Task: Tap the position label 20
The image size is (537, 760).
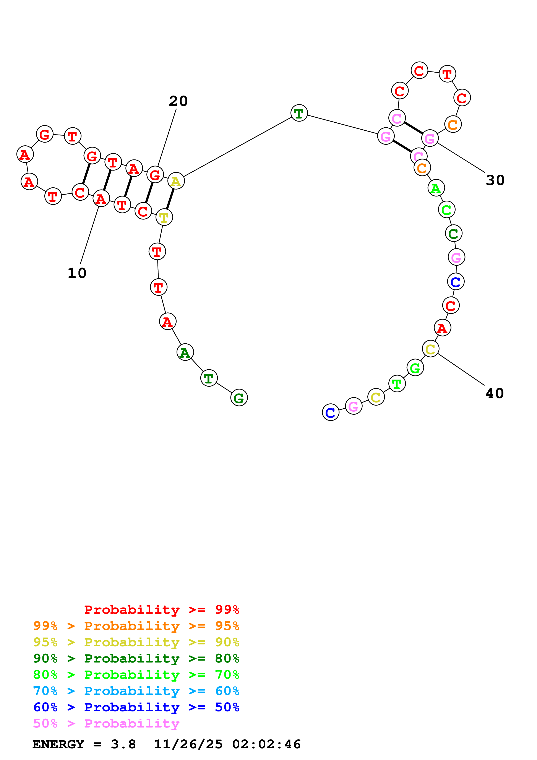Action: (178, 101)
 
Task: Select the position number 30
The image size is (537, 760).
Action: (495, 180)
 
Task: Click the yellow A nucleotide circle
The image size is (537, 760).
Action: (176, 181)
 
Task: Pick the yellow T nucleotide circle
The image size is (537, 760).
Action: (164, 218)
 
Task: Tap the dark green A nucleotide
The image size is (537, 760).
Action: (185, 352)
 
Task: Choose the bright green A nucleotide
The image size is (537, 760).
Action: (436, 188)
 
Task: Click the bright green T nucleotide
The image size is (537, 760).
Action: (397, 384)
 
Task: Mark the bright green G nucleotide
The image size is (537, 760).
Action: (415, 368)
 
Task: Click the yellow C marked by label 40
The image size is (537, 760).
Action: (430, 349)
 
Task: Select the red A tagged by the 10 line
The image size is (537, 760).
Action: (101, 199)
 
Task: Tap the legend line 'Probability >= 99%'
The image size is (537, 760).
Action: (161, 609)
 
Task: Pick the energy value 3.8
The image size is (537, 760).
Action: (123, 744)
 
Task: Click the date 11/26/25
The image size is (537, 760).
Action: (188, 744)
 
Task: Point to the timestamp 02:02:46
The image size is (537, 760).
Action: (266, 744)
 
